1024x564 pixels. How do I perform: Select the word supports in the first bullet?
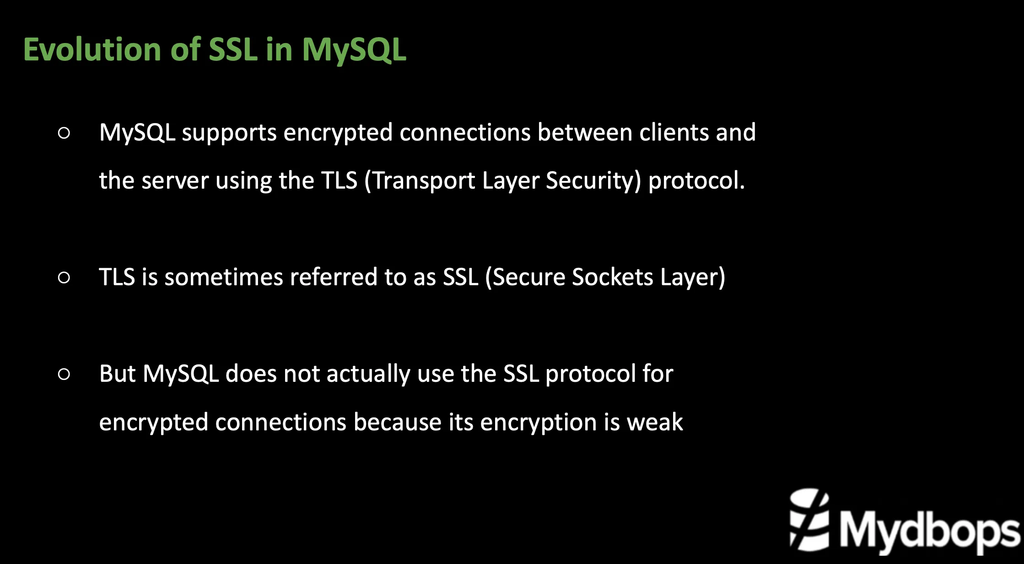pyautogui.click(x=229, y=133)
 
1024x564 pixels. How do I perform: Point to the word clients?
pyautogui.click(x=674, y=132)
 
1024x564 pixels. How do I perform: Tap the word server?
pyautogui.click(x=175, y=180)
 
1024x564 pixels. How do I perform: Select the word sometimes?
pyautogui.click(x=224, y=277)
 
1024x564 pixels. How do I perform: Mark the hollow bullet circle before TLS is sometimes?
pyautogui.click(x=65, y=277)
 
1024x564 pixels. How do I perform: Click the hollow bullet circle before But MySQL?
pyautogui.click(x=65, y=374)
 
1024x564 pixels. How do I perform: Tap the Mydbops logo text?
pyautogui.click(x=929, y=531)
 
